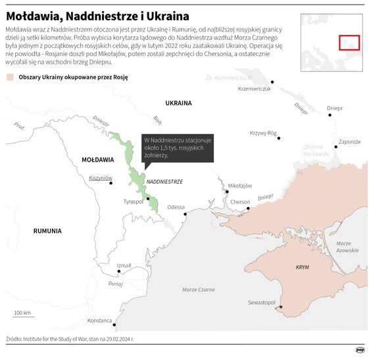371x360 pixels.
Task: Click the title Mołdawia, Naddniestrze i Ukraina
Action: pyautogui.click(x=97, y=14)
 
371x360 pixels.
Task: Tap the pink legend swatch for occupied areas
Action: pyautogui.click(x=10, y=77)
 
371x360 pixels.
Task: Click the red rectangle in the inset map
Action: pyautogui.click(x=349, y=42)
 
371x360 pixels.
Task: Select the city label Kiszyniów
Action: pyautogui.click(x=101, y=178)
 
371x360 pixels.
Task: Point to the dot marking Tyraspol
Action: pyautogui.click(x=148, y=198)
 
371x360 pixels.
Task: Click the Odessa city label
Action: pyautogui.click(x=176, y=207)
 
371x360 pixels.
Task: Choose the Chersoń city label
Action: pyautogui.click(x=239, y=202)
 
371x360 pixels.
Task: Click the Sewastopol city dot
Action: pyautogui.click(x=281, y=307)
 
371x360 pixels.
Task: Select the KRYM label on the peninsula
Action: pyautogui.click(x=303, y=267)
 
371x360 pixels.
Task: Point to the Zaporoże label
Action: pyautogui.click(x=349, y=141)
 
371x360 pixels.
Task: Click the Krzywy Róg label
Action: pyautogui.click(x=263, y=133)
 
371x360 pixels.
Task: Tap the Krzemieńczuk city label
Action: pyautogui.click(x=255, y=89)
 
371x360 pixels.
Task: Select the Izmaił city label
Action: pyautogui.click(x=124, y=265)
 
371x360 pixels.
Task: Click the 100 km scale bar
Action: pyautogui.click(x=23, y=319)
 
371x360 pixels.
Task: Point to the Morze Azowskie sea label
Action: pyautogui.click(x=347, y=247)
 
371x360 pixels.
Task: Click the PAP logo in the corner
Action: pyautogui.click(x=360, y=350)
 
